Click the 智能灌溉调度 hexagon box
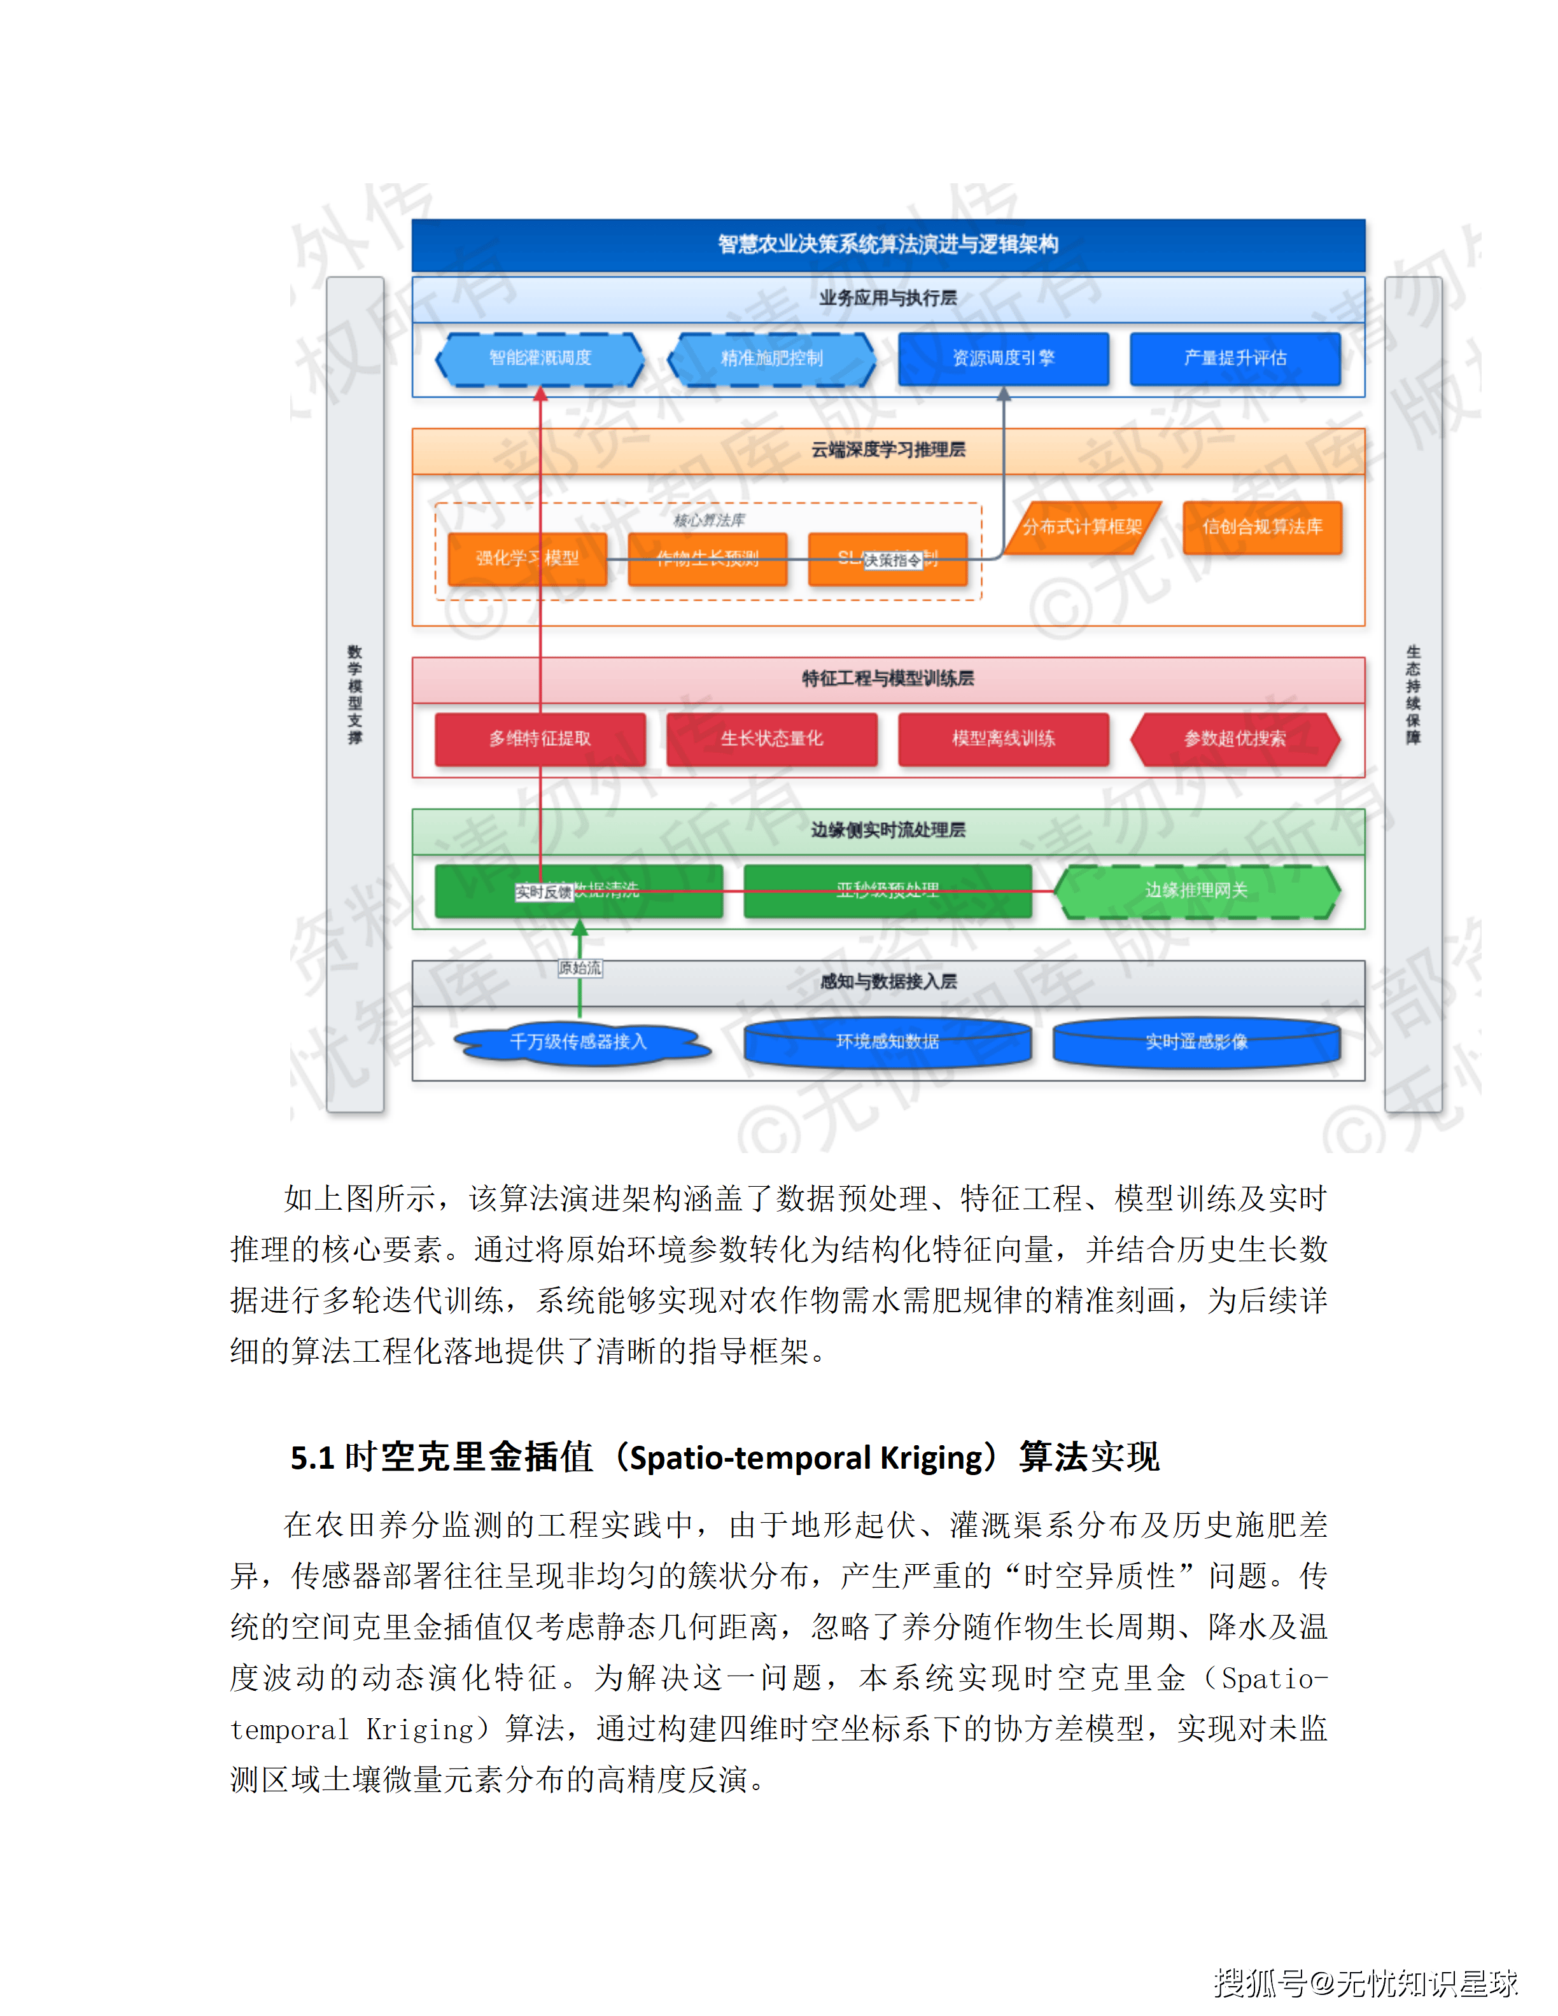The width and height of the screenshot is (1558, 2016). point(540,358)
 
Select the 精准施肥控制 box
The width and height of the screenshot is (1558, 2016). point(771,358)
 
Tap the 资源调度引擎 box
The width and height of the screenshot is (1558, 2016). point(1003,358)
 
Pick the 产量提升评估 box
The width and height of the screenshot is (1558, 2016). point(1235,358)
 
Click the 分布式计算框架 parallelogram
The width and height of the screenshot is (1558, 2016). point(1082,527)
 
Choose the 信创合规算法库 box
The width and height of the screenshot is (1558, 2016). point(1261,527)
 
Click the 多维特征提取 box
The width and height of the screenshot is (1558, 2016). point(540,738)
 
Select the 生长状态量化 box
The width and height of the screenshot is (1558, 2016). point(771,738)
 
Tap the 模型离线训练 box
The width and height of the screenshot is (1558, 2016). point(1003,738)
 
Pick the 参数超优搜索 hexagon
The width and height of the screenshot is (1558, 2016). point(1235,738)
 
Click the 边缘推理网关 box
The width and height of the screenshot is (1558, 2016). point(1197,891)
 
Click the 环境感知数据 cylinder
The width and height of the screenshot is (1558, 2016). point(887,1042)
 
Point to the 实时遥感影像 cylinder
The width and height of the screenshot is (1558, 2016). point(1197,1042)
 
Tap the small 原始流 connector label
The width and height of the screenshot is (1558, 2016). point(580,967)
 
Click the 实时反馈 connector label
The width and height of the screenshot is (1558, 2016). point(544,892)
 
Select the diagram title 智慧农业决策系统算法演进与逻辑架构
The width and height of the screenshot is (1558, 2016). point(888,244)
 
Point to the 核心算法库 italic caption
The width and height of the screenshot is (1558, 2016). point(709,520)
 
